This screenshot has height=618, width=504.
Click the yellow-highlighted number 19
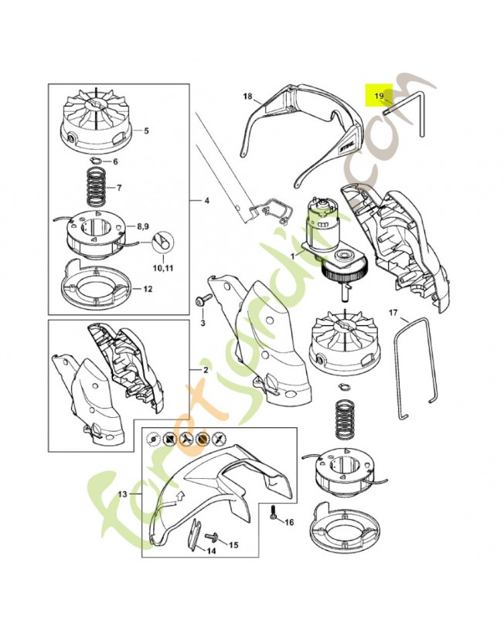[379, 95]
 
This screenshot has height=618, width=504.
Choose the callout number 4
[206, 201]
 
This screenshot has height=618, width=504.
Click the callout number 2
[206, 370]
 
